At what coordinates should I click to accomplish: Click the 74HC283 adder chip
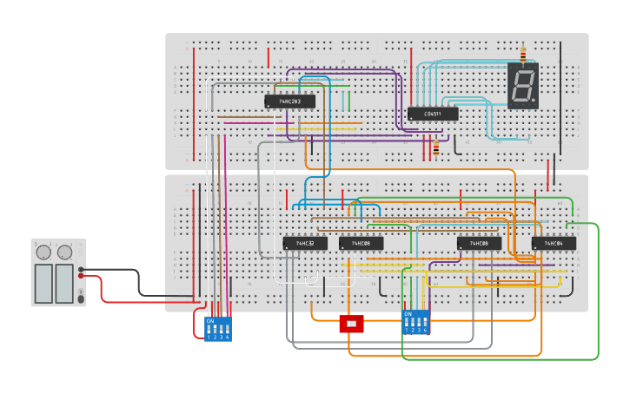coord(289,102)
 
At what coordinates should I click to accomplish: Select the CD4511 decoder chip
coord(432,114)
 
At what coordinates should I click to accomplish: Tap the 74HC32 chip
coord(304,244)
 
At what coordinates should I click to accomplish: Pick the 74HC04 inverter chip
coord(554,244)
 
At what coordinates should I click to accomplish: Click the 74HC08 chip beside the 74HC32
coord(361,244)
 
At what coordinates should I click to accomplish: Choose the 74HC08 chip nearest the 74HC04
coord(479,244)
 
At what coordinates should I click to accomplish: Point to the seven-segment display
coord(523,86)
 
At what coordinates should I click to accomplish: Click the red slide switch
coord(351,324)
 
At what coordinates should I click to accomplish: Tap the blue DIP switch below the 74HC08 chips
coord(416,323)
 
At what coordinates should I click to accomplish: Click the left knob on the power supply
coord(43,252)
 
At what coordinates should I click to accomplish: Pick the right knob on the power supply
coord(64,252)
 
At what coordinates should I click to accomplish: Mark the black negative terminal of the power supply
coord(81,269)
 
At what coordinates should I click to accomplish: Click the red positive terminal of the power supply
coord(81,277)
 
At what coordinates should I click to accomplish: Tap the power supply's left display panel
coord(43,283)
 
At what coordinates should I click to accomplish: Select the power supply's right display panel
coord(64,283)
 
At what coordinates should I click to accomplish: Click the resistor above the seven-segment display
coord(522,55)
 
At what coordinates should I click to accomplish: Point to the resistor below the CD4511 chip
coord(435,149)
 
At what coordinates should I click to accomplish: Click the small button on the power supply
coord(81,298)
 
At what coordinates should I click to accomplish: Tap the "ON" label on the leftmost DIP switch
coord(210,321)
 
